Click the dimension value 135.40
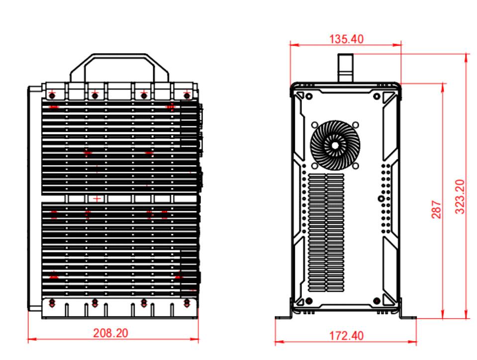(346, 39)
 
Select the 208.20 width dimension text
(110, 333)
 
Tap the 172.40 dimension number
(346, 336)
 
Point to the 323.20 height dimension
(460, 197)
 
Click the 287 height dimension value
(436, 209)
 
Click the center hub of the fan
(335, 146)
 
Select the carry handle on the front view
(119, 68)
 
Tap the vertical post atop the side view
(346, 68)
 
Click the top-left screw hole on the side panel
(309, 96)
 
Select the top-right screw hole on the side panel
(377, 96)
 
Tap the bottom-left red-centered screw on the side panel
(309, 301)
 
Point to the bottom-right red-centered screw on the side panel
(377, 301)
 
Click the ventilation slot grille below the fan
(326, 233)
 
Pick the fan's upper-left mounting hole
(314, 125)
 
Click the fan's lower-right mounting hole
(355, 166)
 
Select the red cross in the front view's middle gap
(96, 199)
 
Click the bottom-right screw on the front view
(187, 303)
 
